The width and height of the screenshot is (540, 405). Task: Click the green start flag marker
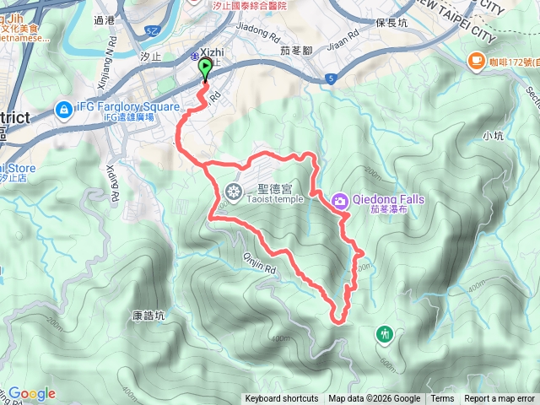click(x=205, y=69)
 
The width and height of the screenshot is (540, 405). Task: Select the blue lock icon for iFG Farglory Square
click(x=63, y=109)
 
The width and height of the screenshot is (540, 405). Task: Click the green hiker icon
click(x=386, y=334)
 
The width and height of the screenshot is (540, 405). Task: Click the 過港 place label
click(x=105, y=20)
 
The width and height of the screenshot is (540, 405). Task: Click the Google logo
click(x=31, y=393)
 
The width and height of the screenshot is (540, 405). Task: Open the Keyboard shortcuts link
click(x=282, y=399)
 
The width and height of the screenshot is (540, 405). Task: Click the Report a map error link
click(x=499, y=399)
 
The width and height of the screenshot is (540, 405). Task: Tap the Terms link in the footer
click(x=442, y=399)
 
